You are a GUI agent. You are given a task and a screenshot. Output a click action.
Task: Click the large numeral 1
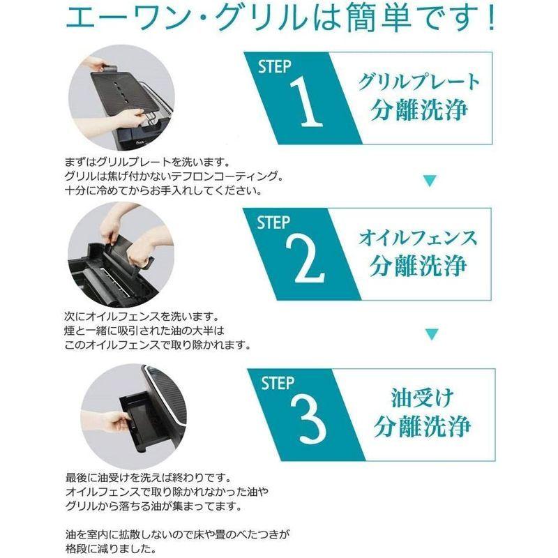pyautogui.click(x=308, y=103)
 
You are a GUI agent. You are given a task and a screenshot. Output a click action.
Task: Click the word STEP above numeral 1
pyautogui.click(x=274, y=67)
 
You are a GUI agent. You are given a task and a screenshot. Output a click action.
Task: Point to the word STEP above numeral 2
pyautogui.click(x=273, y=223)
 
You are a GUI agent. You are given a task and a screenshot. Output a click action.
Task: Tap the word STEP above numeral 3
pyautogui.click(x=278, y=383)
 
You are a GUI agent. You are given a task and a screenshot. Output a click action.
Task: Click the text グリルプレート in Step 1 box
pyautogui.click(x=419, y=82)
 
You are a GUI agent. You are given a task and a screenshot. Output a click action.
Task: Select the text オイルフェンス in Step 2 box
pyautogui.click(x=418, y=238)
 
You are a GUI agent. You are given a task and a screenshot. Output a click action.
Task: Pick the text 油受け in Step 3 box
pyautogui.click(x=423, y=398)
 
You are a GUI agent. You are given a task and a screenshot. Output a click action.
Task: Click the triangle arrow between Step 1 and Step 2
pyautogui.click(x=430, y=181)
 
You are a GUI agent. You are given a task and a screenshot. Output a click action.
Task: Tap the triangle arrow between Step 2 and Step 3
pyautogui.click(x=432, y=334)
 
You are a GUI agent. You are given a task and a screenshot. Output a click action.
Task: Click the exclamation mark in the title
pyautogui.click(x=492, y=18)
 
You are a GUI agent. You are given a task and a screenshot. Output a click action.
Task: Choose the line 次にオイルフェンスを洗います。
pyautogui.click(x=142, y=316)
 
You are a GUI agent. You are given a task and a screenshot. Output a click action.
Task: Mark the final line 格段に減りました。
pyautogui.click(x=111, y=548)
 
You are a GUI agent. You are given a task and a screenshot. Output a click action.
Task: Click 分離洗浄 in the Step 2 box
pyautogui.click(x=418, y=266)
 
